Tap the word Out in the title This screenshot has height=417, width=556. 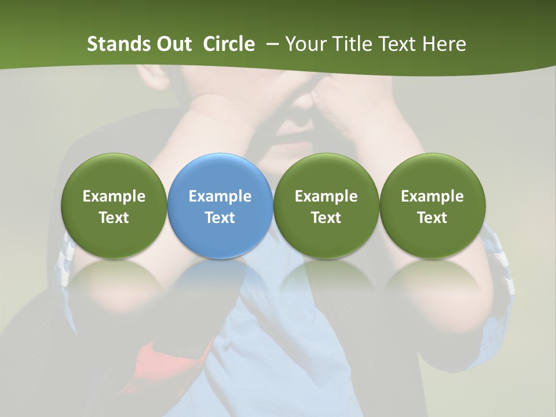pos(173,44)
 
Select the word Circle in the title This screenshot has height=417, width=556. pos(229,44)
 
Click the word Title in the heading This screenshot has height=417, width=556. pos(354,44)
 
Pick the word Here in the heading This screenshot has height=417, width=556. pos(444,44)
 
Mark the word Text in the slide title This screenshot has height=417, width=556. pos(397,44)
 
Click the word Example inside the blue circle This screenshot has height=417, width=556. pos(220,196)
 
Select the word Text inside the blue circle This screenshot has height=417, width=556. pos(220,218)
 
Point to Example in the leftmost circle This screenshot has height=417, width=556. pos(114,196)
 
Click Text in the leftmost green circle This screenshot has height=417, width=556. pos(114,218)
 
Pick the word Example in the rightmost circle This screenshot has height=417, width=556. pos(432,196)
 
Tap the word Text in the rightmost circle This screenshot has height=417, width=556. pos(432,218)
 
